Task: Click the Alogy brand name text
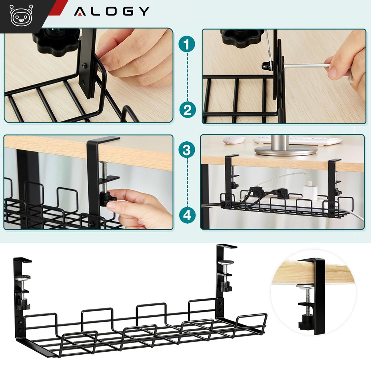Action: [x=112, y=11]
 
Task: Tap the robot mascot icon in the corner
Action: [x=21, y=16]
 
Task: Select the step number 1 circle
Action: [x=187, y=44]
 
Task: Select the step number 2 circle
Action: [x=187, y=110]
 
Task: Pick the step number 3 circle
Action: [x=187, y=150]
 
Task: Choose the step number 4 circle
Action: [x=187, y=215]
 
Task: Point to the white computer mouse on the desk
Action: [x=234, y=140]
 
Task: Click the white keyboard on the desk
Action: [x=298, y=140]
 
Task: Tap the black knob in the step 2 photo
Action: [x=242, y=37]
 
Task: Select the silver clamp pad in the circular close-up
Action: [x=305, y=287]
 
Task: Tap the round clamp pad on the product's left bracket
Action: [x=22, y=278]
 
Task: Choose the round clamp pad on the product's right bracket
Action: [x=226, y=262]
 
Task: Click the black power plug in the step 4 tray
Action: [x=256, y=190]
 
